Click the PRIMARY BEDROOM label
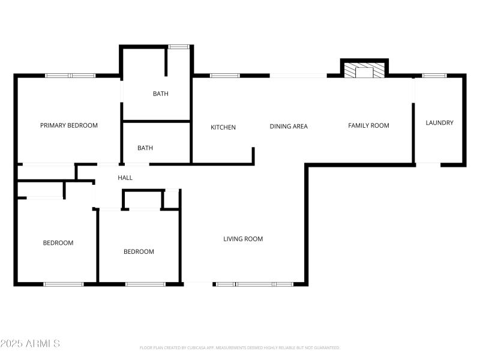tap(68, 125)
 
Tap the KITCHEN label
tap(223, 127)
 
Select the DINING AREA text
tap(289, 126)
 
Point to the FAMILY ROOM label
tap(368, 125)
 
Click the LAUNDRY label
tap(439, 122)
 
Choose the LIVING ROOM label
tap(243, 239)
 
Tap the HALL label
tap(125, 178)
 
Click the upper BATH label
tap(160, 94)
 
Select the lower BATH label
tap(145, 148)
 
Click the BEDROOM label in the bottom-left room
tap(58, 243)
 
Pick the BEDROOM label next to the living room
tap(139, 251)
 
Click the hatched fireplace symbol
tap(364, 71)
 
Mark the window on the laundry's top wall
tap(434, 76)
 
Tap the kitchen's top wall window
tap(224, 76)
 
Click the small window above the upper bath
tap(178, 46)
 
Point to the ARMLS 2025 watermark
tap(30, 344)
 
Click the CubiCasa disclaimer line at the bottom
tap(239, 347)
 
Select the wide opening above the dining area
tap(298, 76)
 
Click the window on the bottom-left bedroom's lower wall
tap(64, 283)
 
